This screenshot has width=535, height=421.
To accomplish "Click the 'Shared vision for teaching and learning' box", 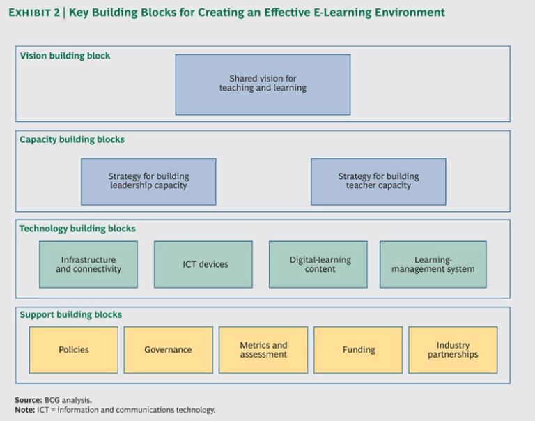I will tap(263, 84).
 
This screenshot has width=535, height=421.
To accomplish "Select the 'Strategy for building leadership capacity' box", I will tap(148, 181).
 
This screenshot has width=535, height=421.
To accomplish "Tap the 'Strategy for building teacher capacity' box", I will tap(378, 181).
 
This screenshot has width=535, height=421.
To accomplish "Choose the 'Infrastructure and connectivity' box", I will tap(88, 265).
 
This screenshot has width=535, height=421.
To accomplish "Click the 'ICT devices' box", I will tap(203, 265).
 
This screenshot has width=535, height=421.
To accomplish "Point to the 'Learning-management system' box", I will tap(433, 265).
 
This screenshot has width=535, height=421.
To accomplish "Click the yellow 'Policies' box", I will tap(74, 350).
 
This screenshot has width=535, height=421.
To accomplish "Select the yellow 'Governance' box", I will tap(168, 350).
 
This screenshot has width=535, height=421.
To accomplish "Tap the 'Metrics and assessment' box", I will tap(263, 350).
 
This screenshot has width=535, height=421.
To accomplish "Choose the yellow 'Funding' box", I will tap(358, 350).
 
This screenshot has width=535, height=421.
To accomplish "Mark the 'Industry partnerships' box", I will tap(453, 350).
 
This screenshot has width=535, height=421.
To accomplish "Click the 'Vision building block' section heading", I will tap(65, 56).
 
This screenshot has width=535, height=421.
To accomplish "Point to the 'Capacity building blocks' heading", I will tap(72, 139).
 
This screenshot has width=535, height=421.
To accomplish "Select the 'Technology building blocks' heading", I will tap(77, 229).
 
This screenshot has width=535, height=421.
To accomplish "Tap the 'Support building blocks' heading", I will tap(70, 315).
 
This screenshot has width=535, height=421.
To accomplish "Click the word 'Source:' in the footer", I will tap(28, 400).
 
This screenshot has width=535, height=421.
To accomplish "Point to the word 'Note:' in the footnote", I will tap(25, 410).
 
